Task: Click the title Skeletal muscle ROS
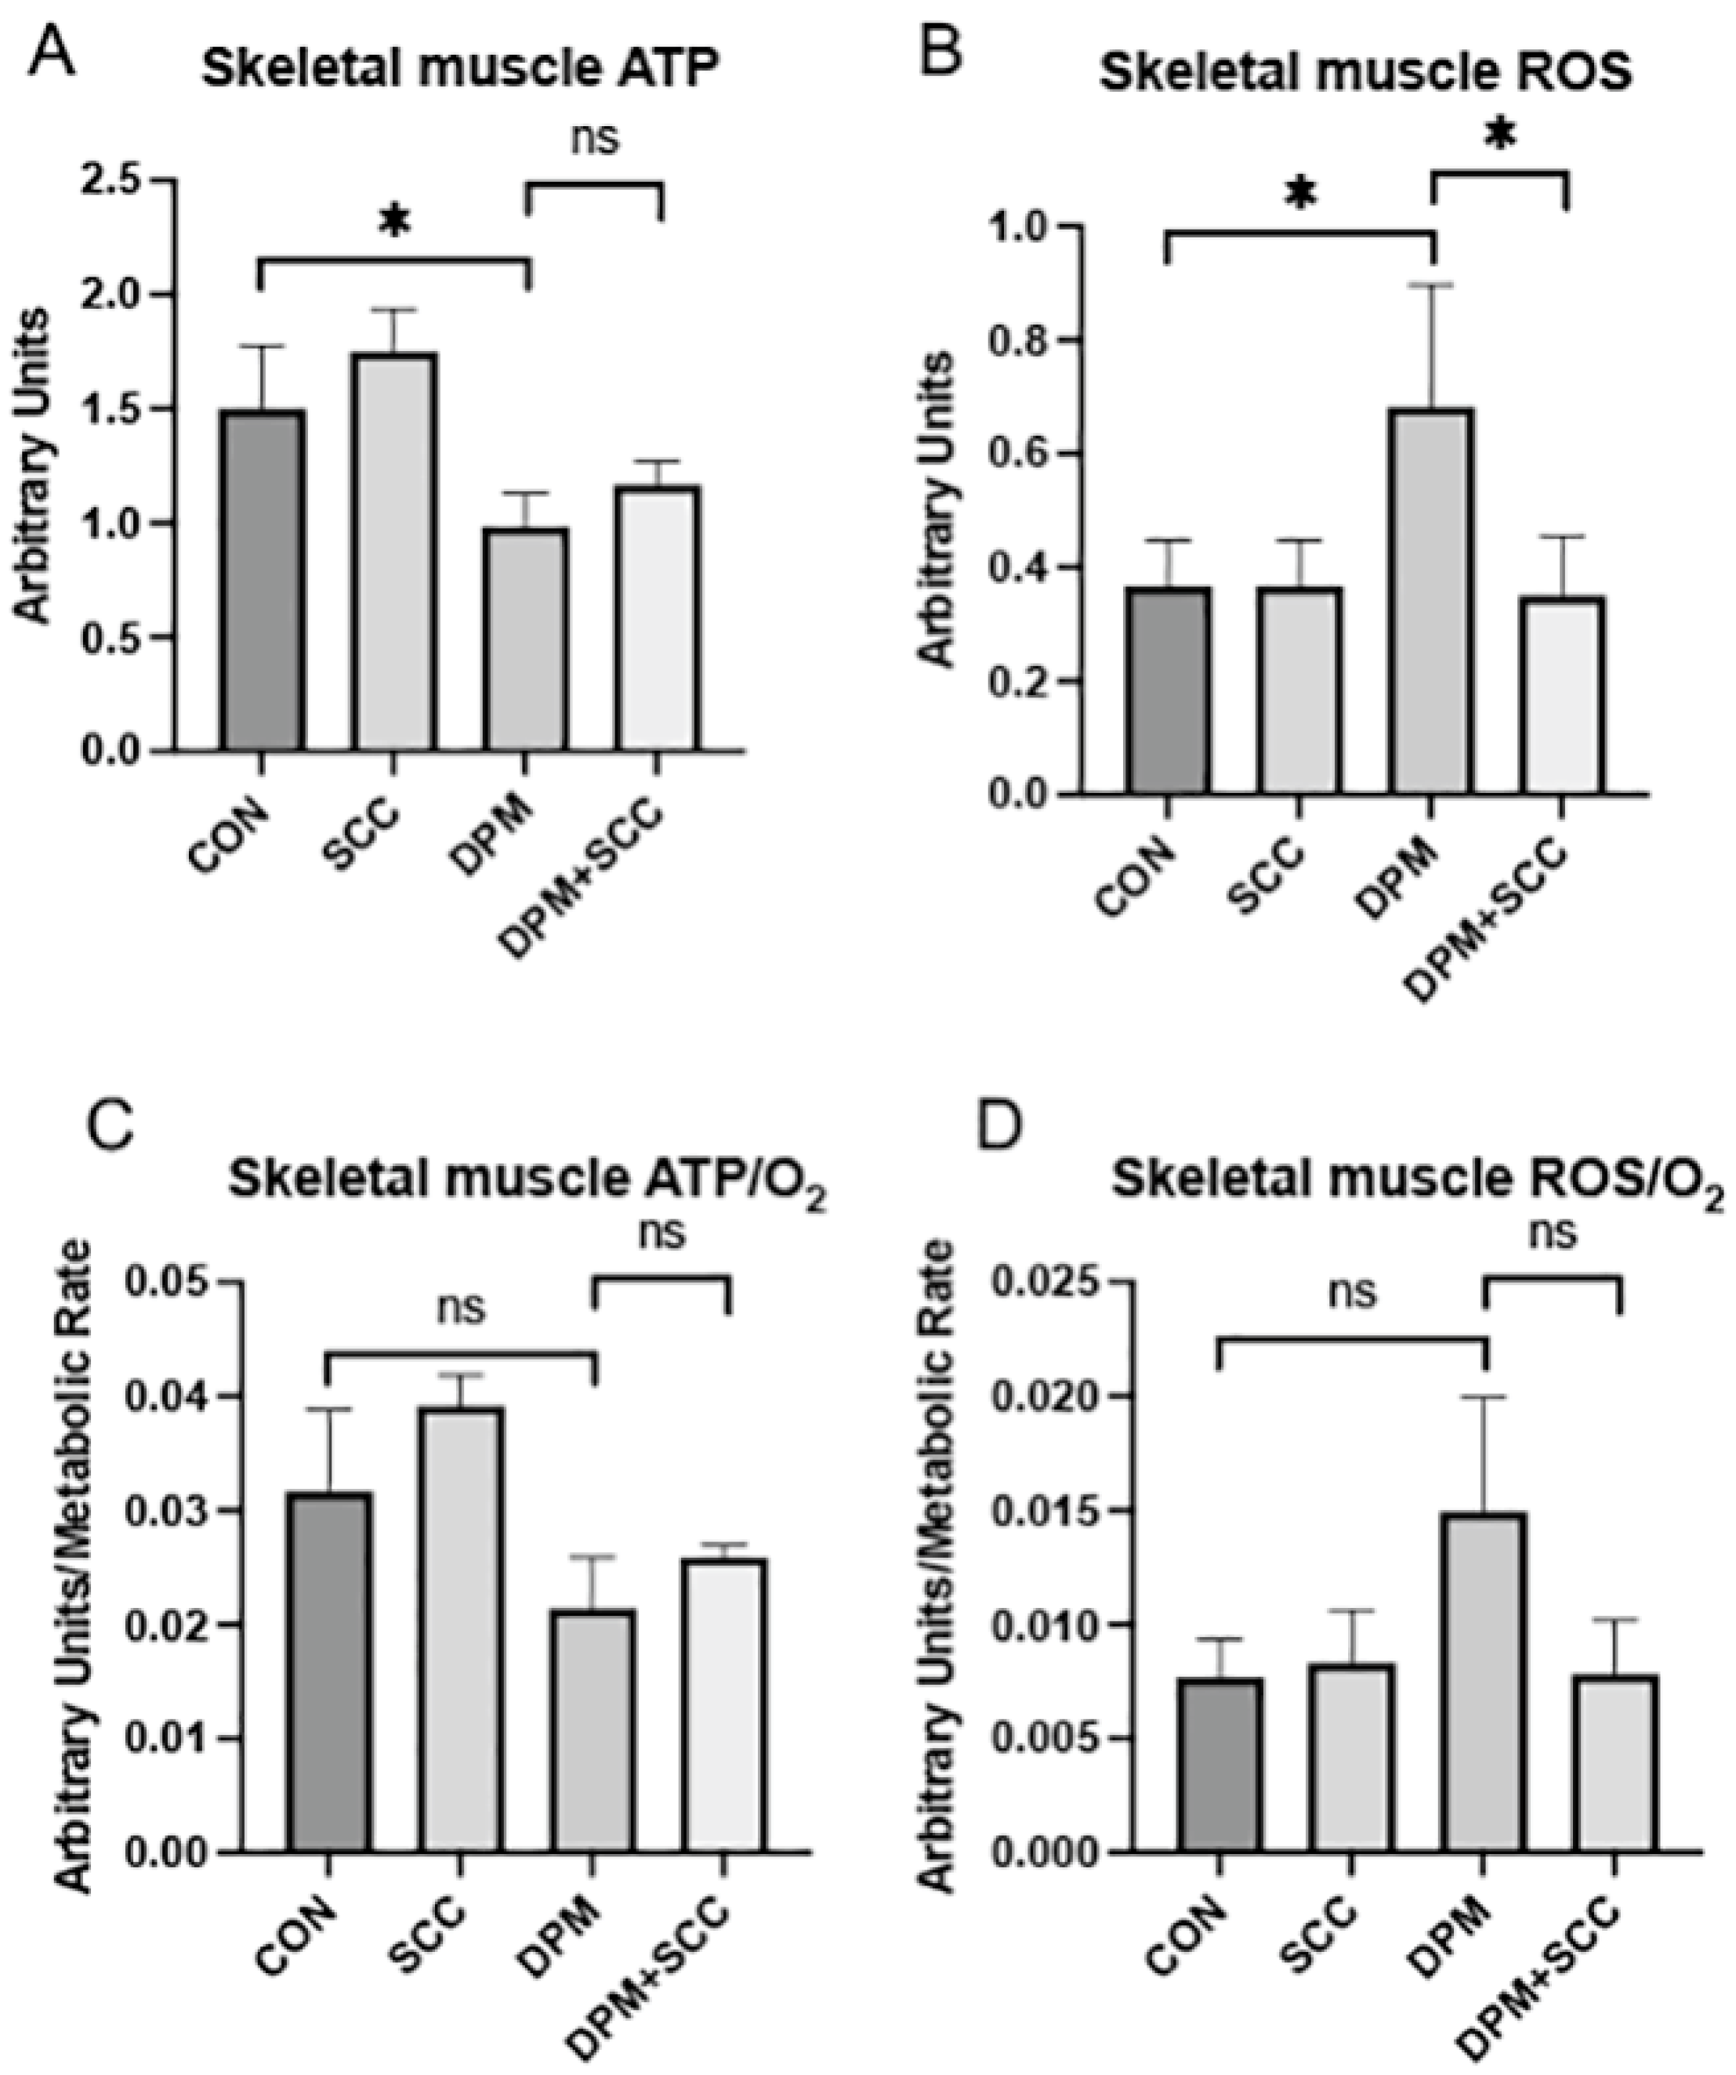coord(1365,74)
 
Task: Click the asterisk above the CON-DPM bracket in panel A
coord(393,223)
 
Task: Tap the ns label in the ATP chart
coord(595,139)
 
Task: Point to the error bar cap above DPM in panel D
coord(1484,1396)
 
